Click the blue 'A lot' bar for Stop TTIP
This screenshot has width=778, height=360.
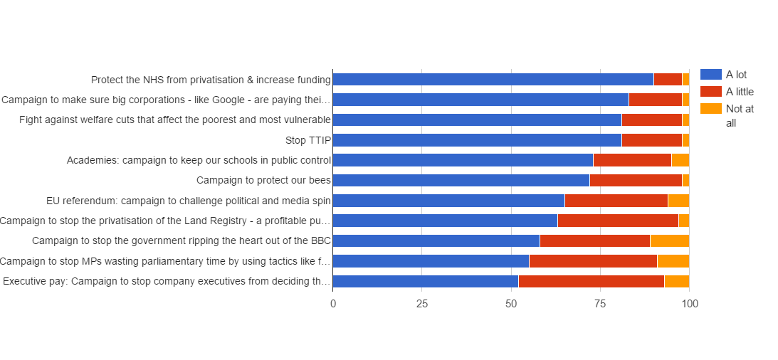point(477,139)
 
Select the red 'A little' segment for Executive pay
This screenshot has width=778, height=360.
point(591,281)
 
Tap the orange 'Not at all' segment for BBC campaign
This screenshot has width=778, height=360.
point(669,240)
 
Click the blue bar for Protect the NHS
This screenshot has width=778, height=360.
point(493,79)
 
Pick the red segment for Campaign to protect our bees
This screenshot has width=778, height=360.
point(635,180)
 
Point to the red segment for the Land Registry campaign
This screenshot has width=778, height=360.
point(617,221)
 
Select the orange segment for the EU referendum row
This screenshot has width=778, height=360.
point(678,200)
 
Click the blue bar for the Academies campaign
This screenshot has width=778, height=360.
point(463,160)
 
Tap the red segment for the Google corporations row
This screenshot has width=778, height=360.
point(655,100)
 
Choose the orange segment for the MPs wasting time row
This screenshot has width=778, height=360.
point(673,261)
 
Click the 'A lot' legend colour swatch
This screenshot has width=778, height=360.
point(710,75)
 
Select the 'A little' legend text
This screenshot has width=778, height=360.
point(740,92)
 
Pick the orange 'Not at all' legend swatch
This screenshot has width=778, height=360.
point(710,109)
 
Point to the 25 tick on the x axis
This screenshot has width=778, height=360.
point(421,304)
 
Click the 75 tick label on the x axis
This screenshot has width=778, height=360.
point(600,304)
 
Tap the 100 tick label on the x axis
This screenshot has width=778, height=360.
point(689,304)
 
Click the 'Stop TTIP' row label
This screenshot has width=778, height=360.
point(308,140)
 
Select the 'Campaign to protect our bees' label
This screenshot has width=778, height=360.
point(263,180)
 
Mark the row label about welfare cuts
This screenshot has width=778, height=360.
point(175,120)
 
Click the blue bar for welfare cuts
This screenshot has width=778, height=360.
point(477,120)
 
